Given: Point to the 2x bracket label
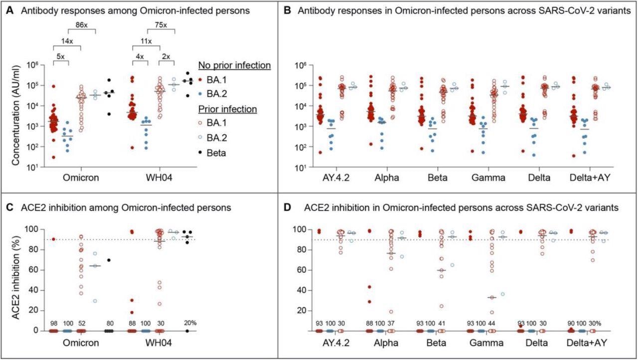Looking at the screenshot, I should pyautogui.click(x=166, y=57).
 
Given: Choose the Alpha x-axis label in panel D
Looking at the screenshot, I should pyautogui.click(x=381, y=344).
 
